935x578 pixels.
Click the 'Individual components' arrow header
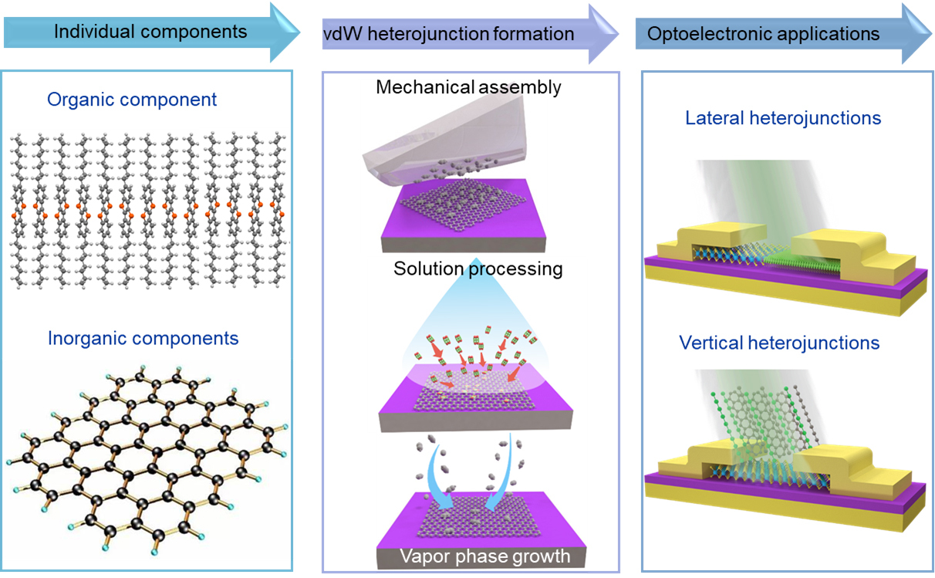click(x=150, y=32)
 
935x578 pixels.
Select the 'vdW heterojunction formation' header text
click(x=448, y=34)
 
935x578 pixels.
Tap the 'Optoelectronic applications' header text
click(x=763, y=34)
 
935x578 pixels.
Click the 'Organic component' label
click(x=132, y=100)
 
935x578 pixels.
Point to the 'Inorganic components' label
click(x=143, y=338)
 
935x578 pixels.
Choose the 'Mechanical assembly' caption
click(x=468, y=86)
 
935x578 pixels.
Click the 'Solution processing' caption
click(x=478, y=269)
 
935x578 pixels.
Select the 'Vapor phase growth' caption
click(x=484, y=556)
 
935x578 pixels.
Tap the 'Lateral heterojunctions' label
click(x=783, y=118)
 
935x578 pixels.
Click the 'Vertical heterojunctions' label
click(x=779, y=342)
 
